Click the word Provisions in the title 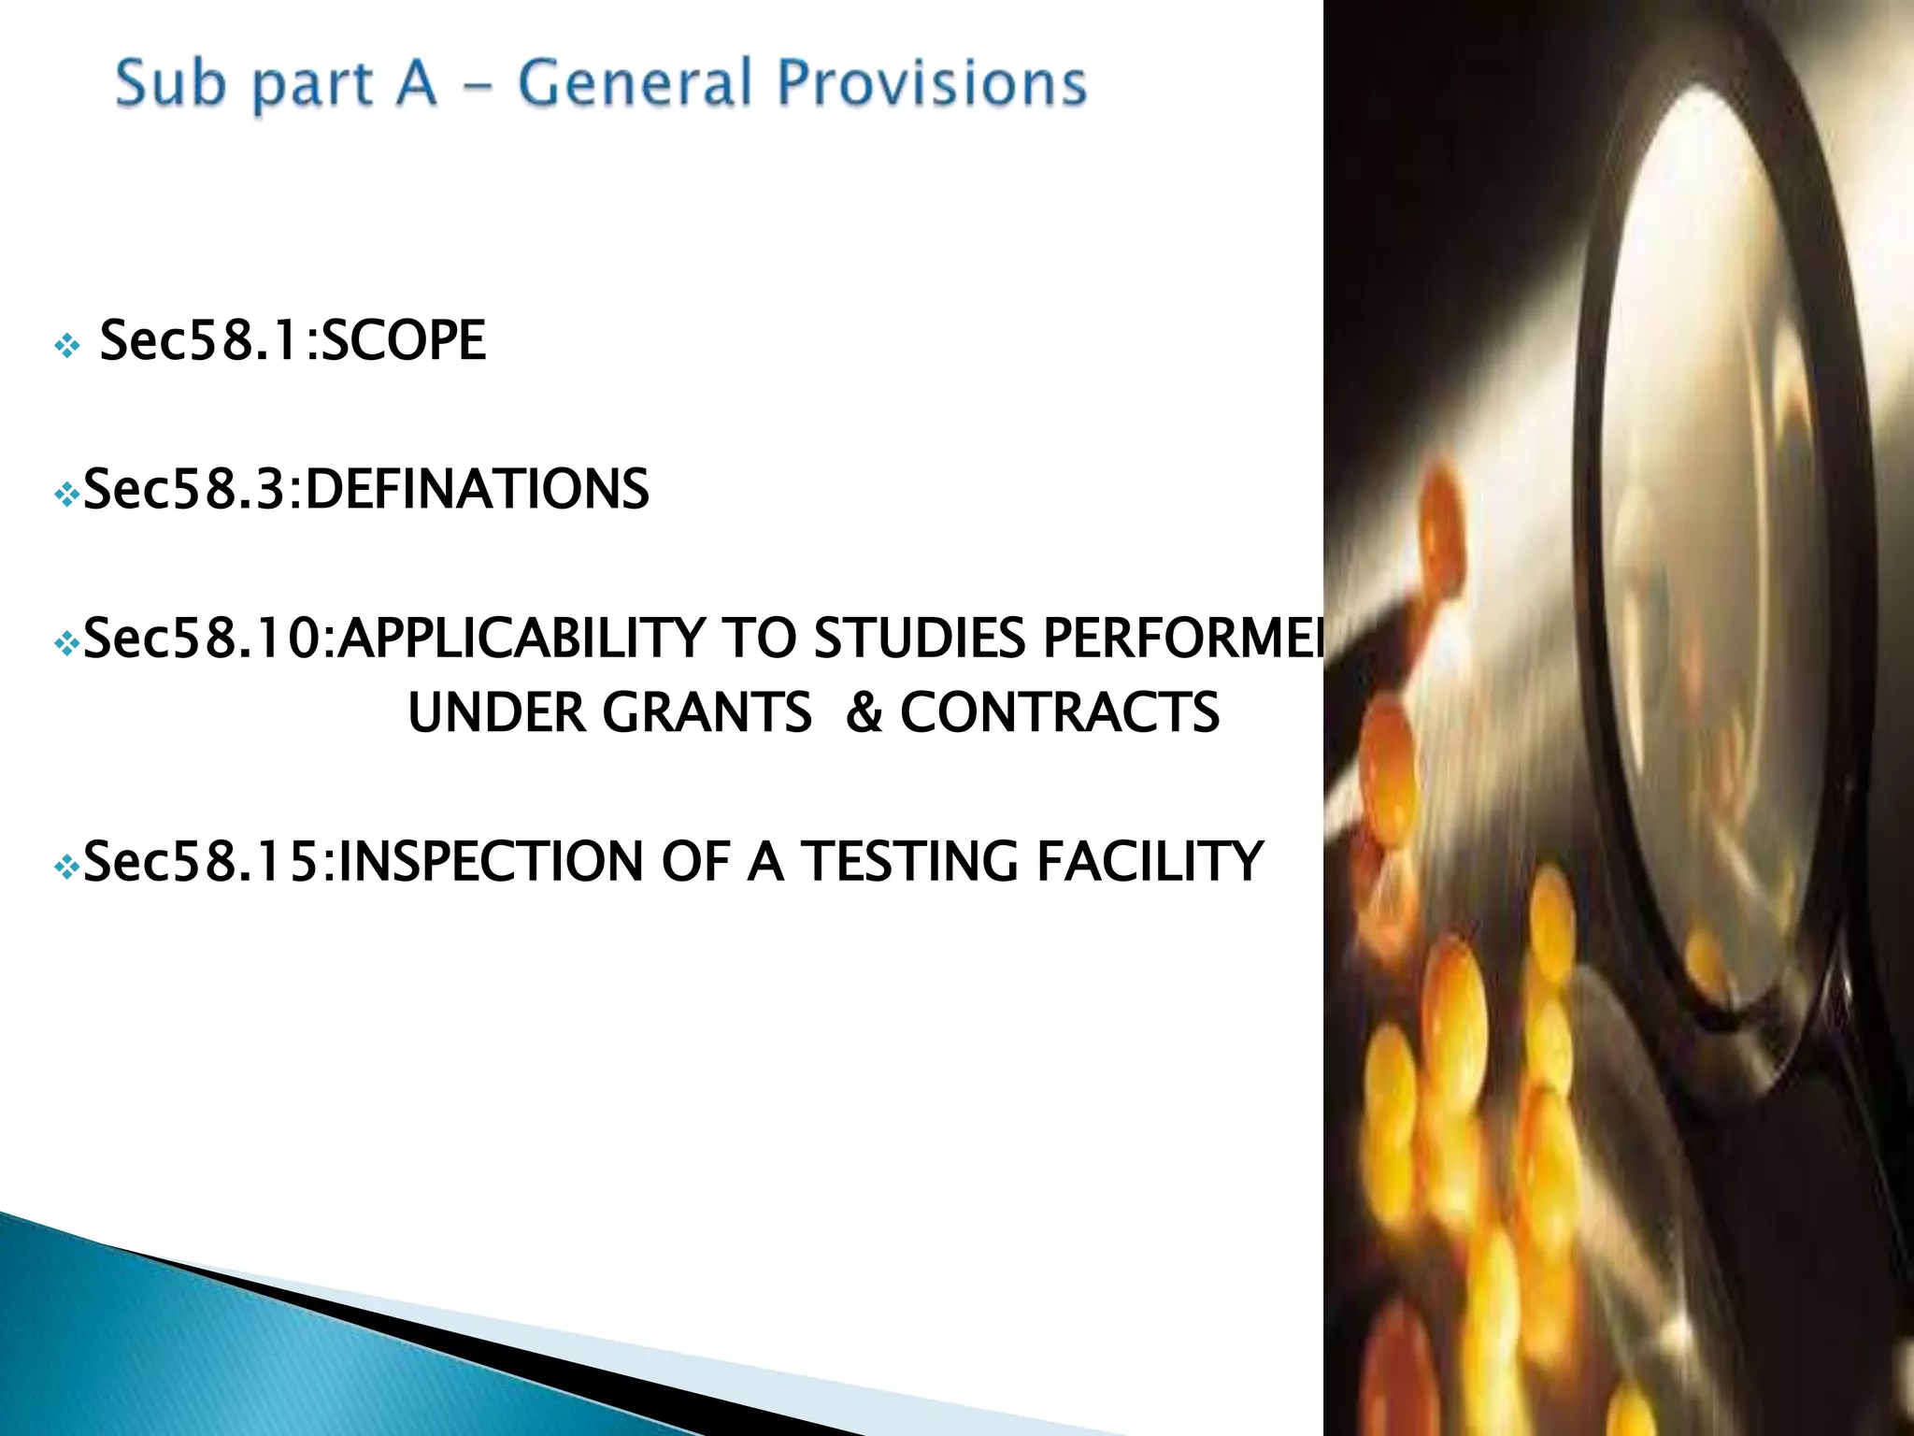(x=932, y=84)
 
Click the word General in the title (x=635, y=82)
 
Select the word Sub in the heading (x=170, y=82)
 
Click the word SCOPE (x=403, y=340)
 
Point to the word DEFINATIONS (x=477, y=489)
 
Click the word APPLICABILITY (x=521, y=639)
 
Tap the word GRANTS (x=707, y=712)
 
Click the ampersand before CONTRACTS (x=864, y=712)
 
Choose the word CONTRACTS (x=1060, y=712)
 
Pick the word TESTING (x=909, y=861)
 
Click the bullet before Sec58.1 (x=67, y=348)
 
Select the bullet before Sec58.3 (x=67, y=495)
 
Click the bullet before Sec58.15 (x=67, y=869)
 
